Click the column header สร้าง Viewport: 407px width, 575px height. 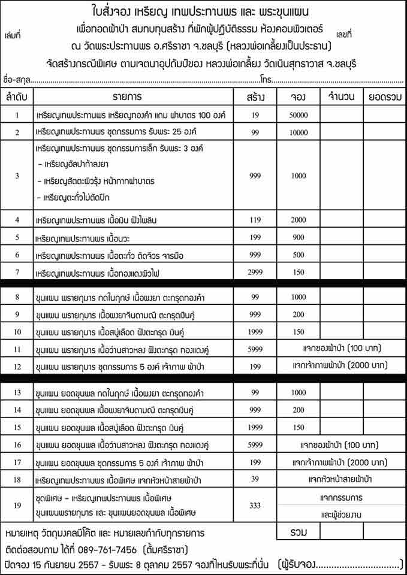(256, 96)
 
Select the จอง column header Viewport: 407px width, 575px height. (298, 96)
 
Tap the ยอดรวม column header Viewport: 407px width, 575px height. (383, 96)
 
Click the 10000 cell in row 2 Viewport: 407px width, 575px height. (298, 132)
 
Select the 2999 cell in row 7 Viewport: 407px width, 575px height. (256, 273)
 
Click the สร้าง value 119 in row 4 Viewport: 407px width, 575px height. (256, 220)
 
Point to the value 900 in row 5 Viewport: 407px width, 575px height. (298, 238)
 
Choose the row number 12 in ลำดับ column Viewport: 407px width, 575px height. (17, 366)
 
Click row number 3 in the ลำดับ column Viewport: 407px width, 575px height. (17, 175)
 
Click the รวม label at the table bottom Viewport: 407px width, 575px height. (298, 532)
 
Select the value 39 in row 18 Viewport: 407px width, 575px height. (256, 479)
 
